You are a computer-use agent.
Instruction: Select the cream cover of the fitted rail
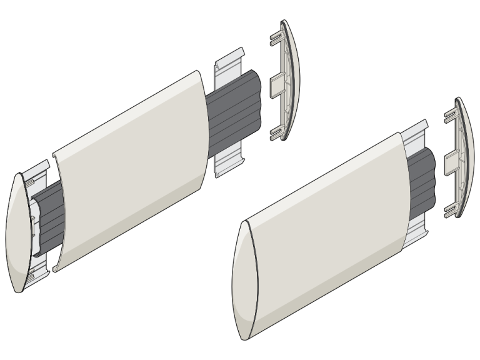point(325,237)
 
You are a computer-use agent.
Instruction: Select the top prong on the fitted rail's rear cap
point(449,115)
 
